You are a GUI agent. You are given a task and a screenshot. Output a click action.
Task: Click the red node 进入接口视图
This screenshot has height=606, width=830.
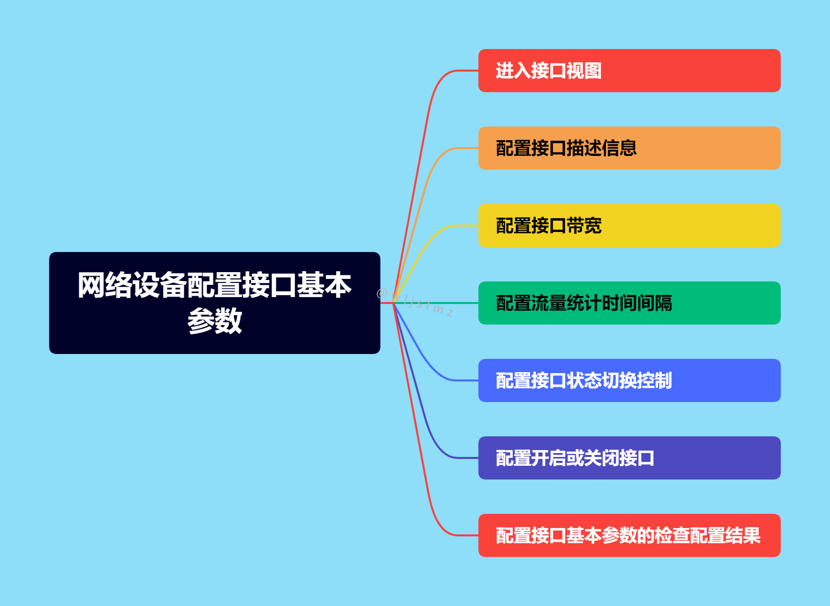click(629, 71)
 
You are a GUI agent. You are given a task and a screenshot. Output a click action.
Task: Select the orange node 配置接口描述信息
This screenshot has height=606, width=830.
click(629, 148)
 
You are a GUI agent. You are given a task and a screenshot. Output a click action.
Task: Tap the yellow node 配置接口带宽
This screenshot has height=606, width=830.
click(629, 226)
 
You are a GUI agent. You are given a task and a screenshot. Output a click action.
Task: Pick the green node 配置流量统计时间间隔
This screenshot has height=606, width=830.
click(629, 303)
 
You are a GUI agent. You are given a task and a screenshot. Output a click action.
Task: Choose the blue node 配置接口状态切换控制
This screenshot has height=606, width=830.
click(629, 380)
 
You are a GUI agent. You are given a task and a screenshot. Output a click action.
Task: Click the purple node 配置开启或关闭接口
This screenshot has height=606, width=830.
click(629, 458)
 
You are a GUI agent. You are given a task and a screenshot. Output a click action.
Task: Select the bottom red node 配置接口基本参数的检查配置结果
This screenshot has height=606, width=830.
click(629, 535)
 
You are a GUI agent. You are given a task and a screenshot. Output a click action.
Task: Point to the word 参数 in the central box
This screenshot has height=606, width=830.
click(215, 321)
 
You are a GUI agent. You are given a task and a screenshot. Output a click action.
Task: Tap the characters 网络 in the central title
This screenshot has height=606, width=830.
click(105, 285)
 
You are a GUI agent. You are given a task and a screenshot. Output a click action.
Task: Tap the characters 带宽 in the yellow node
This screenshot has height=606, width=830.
click(584, 226)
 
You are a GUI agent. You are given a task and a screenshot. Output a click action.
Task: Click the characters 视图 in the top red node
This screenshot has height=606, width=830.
click(584, 71)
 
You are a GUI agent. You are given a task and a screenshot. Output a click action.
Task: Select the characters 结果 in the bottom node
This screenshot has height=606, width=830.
click(743, 535)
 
